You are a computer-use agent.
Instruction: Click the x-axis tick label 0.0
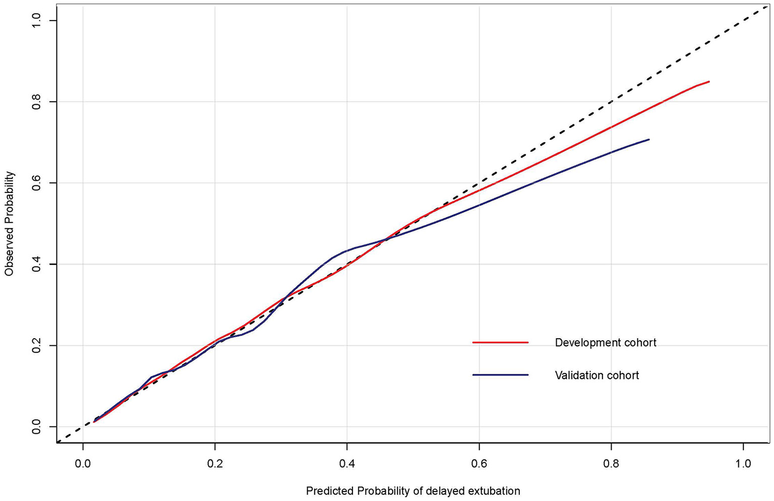[83, 464]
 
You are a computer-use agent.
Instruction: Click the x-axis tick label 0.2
[215, 464]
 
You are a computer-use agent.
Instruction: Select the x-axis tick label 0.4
[347, 464]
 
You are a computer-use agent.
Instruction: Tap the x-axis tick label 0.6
[479, 464]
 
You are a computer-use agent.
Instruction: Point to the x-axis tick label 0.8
[611, 464]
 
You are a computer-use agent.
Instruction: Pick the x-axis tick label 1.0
[743, 464]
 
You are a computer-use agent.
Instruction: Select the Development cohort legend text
[606, 343]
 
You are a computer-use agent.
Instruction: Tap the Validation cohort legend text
[597, 375]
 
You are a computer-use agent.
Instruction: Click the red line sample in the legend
[500, 343]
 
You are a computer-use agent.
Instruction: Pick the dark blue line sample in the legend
[500, 375]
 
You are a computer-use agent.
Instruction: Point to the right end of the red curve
[709, 82]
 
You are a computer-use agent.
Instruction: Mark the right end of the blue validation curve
[648, 140]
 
